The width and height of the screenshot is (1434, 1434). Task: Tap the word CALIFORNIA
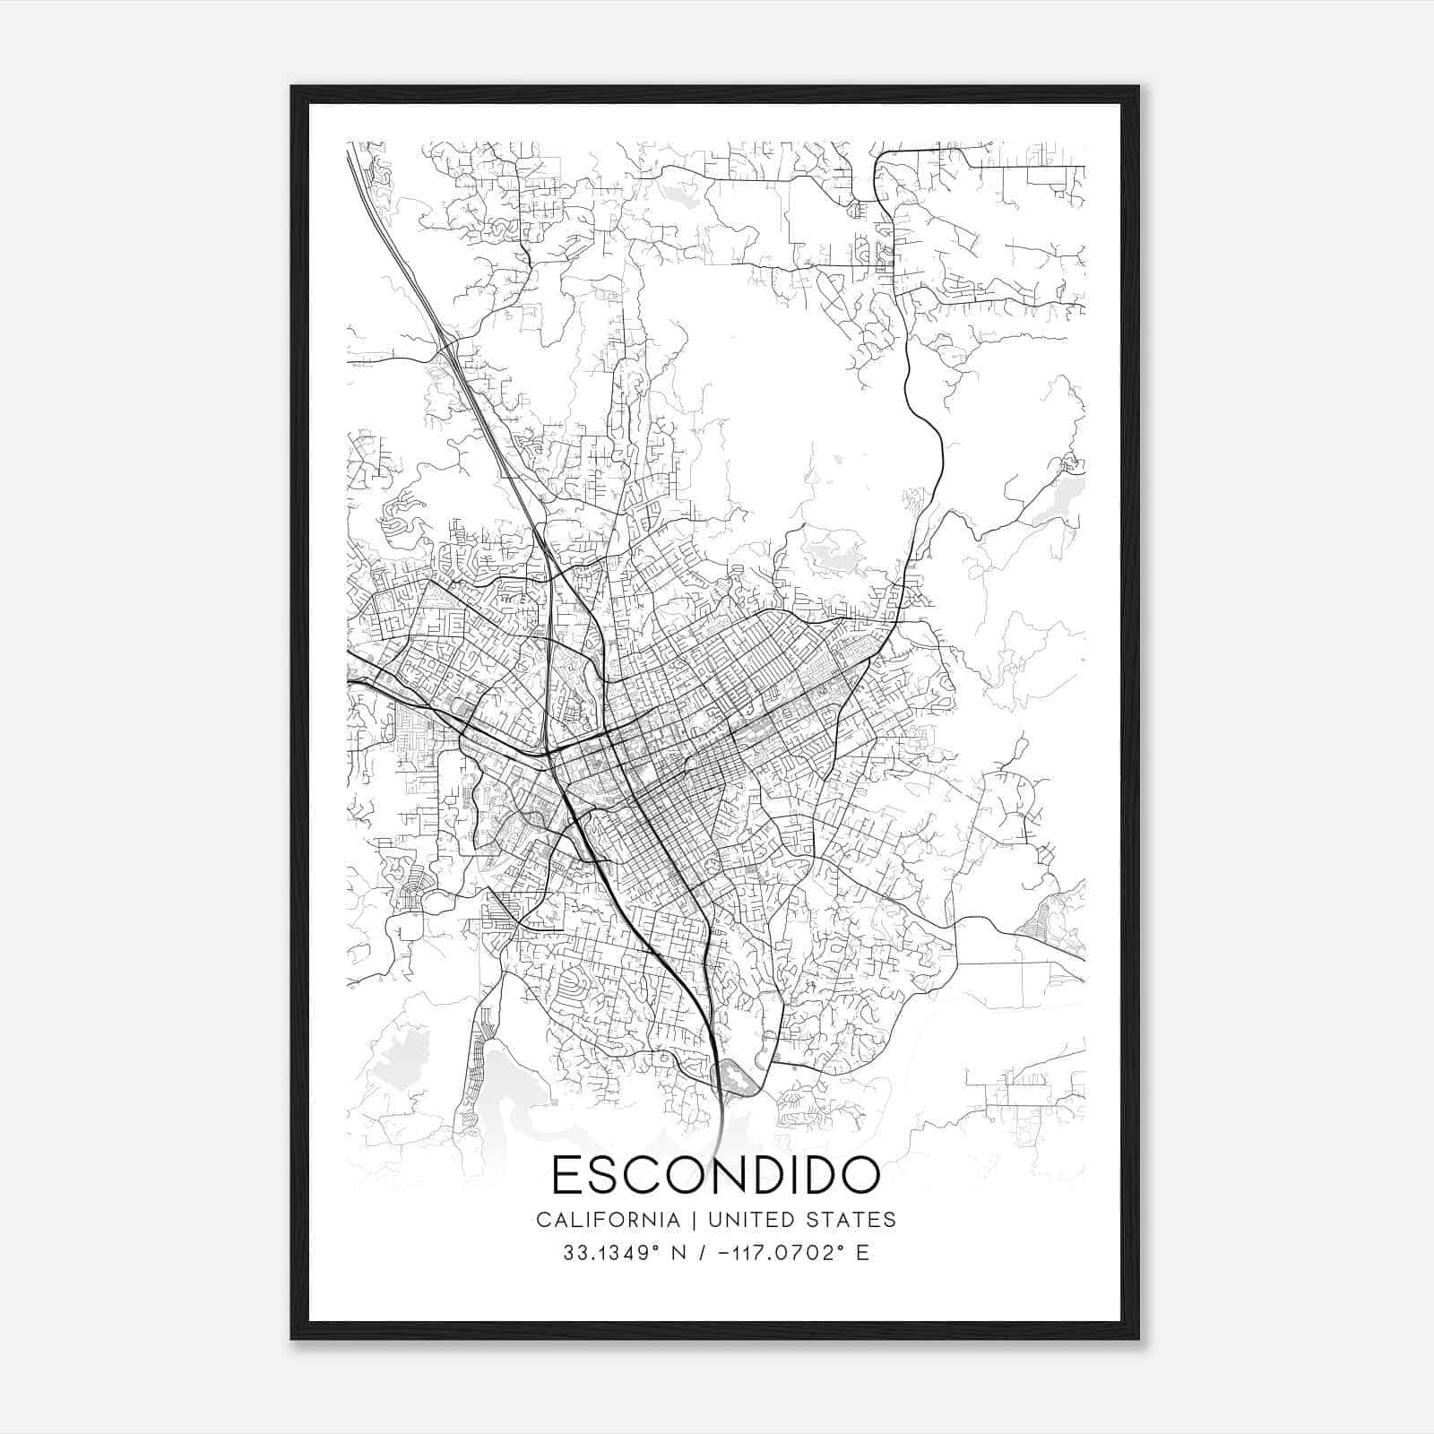pos(608,1219)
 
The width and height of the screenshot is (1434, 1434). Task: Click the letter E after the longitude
pos(862,1252)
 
